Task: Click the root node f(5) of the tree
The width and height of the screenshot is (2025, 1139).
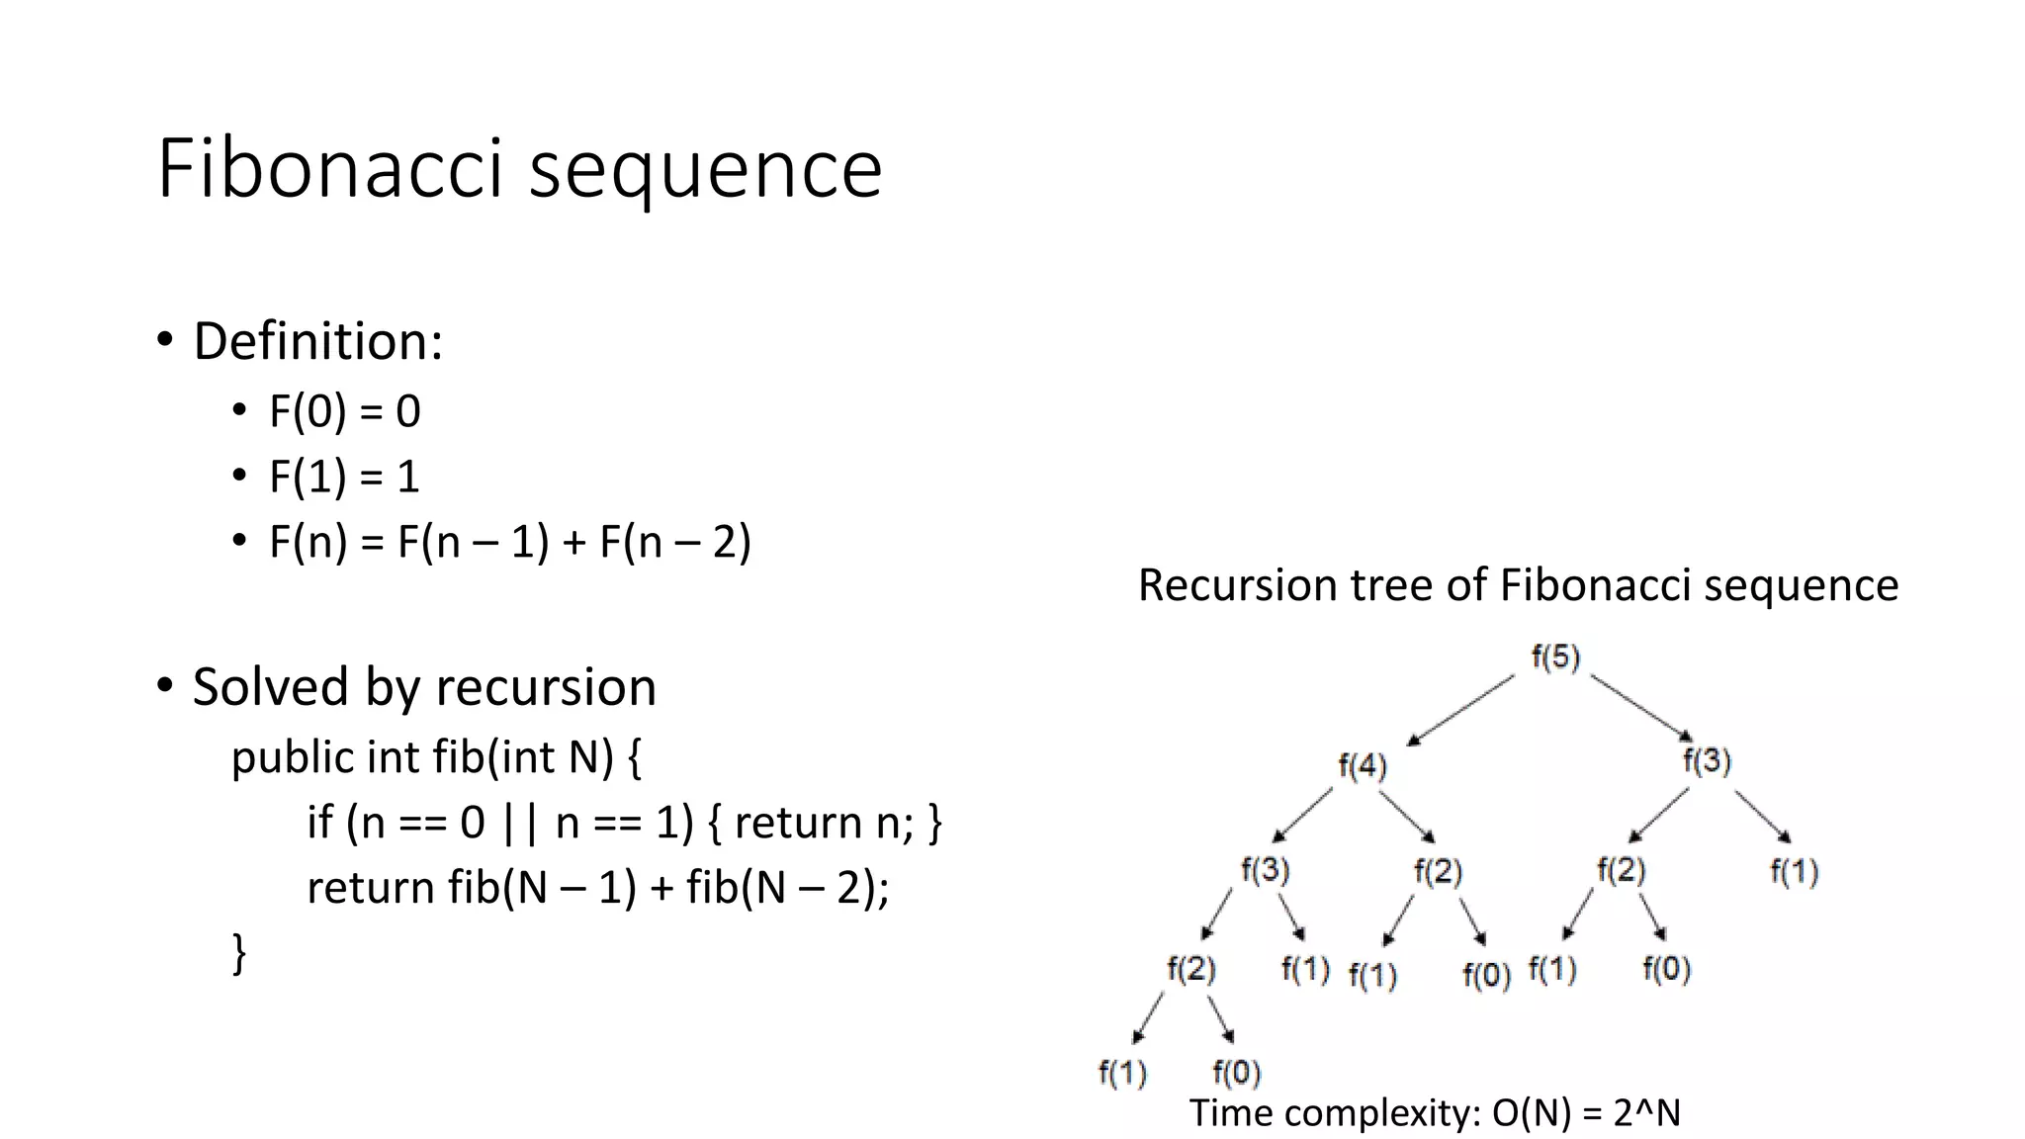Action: (1555, 657)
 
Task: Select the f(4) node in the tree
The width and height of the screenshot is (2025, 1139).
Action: (1363, 766)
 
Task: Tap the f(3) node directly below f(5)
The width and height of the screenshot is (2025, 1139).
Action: (1707, 761)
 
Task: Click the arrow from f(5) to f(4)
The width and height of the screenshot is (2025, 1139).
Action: (1461, 709)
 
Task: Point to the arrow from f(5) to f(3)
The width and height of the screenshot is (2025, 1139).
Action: (1641, 706)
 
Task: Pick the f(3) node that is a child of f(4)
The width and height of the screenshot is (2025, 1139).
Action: (1266, 871)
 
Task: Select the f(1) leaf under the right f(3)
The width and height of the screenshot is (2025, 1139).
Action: (1794, 872)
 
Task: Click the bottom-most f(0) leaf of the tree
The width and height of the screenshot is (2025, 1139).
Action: (1236, 1073)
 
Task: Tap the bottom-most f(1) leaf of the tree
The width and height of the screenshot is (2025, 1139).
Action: (1122, 1073)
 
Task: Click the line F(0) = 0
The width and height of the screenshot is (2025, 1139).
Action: (344, 411)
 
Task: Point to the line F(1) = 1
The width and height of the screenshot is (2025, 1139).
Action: (344, 477)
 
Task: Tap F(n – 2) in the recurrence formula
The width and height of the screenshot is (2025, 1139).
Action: (675, 542)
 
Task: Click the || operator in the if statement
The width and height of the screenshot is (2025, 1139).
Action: (519, 823)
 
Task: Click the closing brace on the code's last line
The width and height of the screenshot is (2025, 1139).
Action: (238, 953)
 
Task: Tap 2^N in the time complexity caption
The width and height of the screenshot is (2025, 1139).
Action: (1646, 1113)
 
